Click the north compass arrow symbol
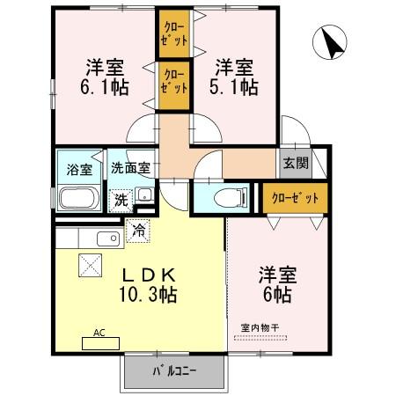coord(332,45)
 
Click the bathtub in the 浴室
coord(79,198)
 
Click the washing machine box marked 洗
coord(121,200)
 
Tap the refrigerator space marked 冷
coord(138,231)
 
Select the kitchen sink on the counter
coord(108,238)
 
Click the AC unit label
coord(99,334)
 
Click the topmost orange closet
coord(173,33)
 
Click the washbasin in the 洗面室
coord(144,196)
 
